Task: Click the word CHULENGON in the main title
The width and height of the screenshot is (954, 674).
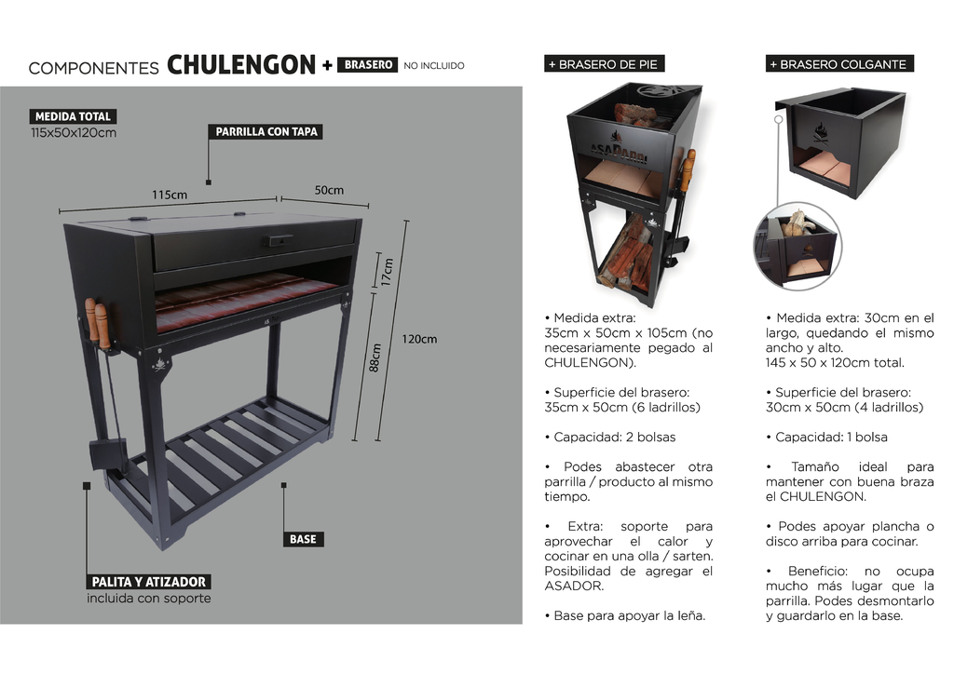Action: pos(241,64)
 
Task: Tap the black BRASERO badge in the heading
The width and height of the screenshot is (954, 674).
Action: pos(367,64)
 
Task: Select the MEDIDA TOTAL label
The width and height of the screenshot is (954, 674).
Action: pos(73,116)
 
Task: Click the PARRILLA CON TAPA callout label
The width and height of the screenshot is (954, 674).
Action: pos(266,131)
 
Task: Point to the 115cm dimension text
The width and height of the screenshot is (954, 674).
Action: pos(170,195)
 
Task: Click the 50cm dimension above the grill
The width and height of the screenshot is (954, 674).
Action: pos(329,190)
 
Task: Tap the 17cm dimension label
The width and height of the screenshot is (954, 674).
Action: pos(388,272)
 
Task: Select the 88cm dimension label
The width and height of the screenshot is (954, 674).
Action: pos(375,358)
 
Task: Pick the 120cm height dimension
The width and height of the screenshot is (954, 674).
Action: pos(419,339)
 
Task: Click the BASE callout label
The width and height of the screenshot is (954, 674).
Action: pos(303,539)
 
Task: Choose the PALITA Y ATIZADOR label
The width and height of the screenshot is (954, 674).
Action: pos(149,582)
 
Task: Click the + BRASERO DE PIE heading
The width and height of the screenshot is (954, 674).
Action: pos(604,64)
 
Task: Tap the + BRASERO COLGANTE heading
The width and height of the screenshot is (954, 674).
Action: pos(839,64)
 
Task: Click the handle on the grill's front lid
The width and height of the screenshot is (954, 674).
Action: pos(278,241)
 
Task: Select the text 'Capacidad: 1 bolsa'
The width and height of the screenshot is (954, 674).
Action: pos(827,437)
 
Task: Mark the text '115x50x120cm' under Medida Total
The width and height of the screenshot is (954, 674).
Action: pos(74,132)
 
